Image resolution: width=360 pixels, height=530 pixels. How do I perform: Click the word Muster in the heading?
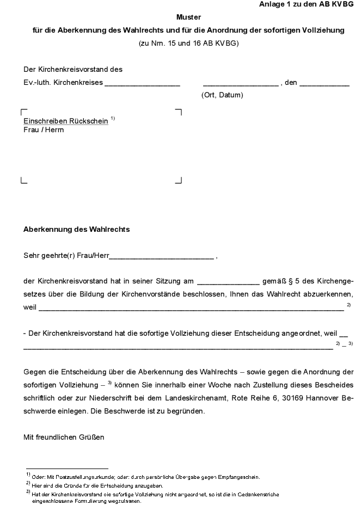188,17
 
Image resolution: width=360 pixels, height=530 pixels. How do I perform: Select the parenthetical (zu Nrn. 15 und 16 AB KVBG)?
188,43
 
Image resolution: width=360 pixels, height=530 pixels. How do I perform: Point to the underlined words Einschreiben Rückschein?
65,121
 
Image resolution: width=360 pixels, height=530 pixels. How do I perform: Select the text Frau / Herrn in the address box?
44,130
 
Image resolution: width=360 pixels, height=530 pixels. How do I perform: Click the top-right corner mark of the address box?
179,112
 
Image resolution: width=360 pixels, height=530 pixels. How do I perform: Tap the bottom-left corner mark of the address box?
23,181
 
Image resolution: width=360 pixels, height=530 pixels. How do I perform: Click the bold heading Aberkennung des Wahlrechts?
76,230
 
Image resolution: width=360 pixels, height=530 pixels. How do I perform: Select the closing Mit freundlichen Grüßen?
64,437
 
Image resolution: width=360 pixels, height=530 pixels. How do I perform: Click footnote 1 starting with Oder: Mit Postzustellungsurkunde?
145,477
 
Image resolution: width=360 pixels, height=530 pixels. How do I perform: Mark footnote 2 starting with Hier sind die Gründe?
97,485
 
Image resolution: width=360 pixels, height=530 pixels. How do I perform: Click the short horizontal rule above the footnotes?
66,468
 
